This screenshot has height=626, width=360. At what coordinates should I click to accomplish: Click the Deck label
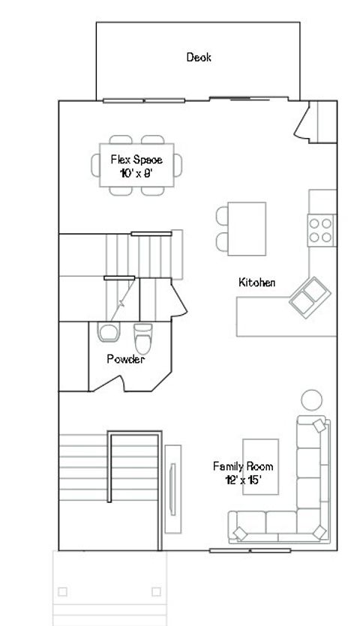(x=199, y=57)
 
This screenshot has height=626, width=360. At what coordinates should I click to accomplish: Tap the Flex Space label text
(x=136, y=160)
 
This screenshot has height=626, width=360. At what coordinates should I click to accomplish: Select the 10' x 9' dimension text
(x=136, y=173)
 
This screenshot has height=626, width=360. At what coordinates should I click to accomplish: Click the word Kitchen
(x=257, y=283)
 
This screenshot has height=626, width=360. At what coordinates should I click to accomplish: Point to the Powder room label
(x=125, y=359)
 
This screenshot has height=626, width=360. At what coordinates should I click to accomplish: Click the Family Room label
(x=243, y=466)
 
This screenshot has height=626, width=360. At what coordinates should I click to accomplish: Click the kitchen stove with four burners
(x=321, y=229)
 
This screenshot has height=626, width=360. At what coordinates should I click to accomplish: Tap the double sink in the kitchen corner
(x=307, y=298)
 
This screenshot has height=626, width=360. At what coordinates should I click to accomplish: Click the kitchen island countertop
(x=247, y=228)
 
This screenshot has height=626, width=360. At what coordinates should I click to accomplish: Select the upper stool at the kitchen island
(x=222, y=216)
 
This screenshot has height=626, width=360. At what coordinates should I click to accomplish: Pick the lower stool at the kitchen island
(x=222, y=241)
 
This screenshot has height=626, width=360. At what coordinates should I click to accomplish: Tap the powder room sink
(x=108, y=331)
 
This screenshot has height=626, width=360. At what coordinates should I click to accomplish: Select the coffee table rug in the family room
(x=260, y=466)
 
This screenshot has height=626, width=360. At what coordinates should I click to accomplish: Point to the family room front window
(x=249, y=551)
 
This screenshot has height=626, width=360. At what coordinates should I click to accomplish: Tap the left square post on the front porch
(x=62, y=592)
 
